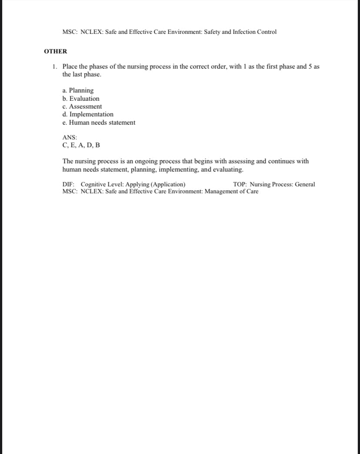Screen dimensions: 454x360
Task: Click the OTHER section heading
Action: [x=55, y=51]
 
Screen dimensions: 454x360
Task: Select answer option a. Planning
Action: [x=78, y=90]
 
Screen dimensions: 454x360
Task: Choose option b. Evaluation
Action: [x=81, y=99]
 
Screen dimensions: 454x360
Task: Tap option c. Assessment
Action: [x=82, y=106]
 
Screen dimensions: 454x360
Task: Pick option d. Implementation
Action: [x=88, y=114]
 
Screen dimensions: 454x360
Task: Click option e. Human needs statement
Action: [x=99, y=123]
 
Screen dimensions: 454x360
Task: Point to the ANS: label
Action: [x=70, y=137]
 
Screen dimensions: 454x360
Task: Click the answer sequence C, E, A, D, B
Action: [x=81, y=145]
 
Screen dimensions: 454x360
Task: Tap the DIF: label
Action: [x=69, y=184]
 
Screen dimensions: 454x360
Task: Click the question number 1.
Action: [x=54, y=67]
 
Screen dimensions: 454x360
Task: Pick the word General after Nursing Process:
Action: [x=305, y=184]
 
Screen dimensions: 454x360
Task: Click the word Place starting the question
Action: [x=70, y=67]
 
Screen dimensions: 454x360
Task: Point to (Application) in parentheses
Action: [x=168, y=184]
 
